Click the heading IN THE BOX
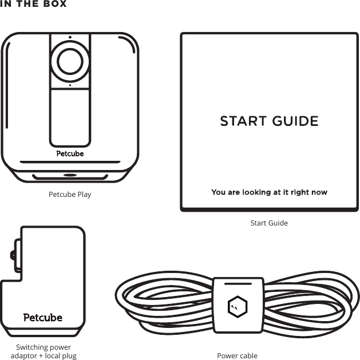pyautogui.click(x=34, y=4)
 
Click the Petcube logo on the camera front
pyautogui.click(x=70, y=153)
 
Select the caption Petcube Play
pyautogui.click(x=70, y=195)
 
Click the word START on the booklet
pyautogui.click(x=243, y=121)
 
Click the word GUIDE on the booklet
pyautogui.click(x=295, y=121)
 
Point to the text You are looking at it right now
pyautogui.click(x=269, y=192)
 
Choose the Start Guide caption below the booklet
pyautogui.click(x=269, y=223)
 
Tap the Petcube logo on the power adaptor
pyautogui.click(x=43, y=317)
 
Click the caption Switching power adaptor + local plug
pyautogui.click(x=43, y=351)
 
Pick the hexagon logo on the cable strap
pyautogui.click(x=236, y=307)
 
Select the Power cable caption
pyautogui.click(x=237, y=356)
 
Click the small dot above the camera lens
pyautogui.click(x=70, y=38)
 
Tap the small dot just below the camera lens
pyautogui.click(x=70, y=85)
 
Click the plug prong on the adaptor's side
pyautogui.click(x=13, y=255)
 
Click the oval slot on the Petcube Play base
pyautogui.click(x=70, y=175)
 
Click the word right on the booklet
pyautogui.click(x=299, y=192)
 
